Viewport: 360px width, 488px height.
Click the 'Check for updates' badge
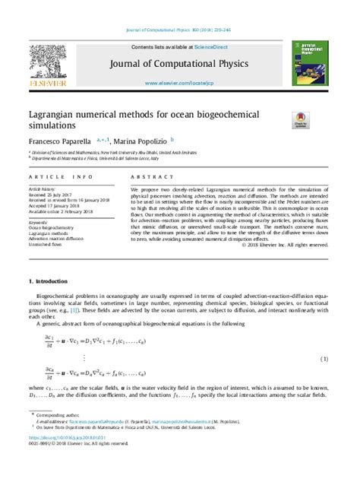coord(300,120)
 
